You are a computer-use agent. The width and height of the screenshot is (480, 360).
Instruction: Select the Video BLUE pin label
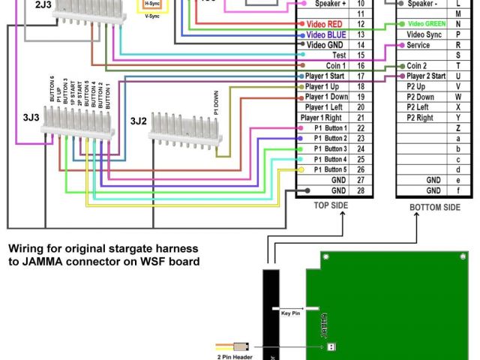point(325,34)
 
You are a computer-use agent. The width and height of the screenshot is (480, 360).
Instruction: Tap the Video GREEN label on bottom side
point(425,24)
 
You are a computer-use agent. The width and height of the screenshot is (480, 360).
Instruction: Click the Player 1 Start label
point(325,76)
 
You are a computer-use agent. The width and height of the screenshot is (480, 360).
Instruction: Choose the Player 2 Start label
point(425,76)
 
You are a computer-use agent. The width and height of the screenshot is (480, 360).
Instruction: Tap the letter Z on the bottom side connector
point(457,128)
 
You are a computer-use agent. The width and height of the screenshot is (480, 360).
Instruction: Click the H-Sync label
point(152,4)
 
